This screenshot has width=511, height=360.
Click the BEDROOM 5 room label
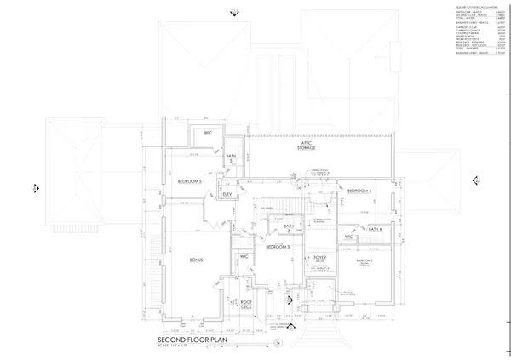pyautogui.click(x=188, y=182)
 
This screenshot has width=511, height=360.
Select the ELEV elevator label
pyautogui.click(x=227, y=196)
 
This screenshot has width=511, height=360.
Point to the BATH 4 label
pyautogui.click(x=375, y=230)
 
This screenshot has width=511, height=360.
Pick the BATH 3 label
pyautogui.click(x=289, y=226)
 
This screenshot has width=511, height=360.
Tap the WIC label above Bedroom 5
pyautogui.click(x=207, y=133)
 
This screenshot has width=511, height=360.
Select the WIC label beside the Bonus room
pyautogui.click(x=244, y=255)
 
